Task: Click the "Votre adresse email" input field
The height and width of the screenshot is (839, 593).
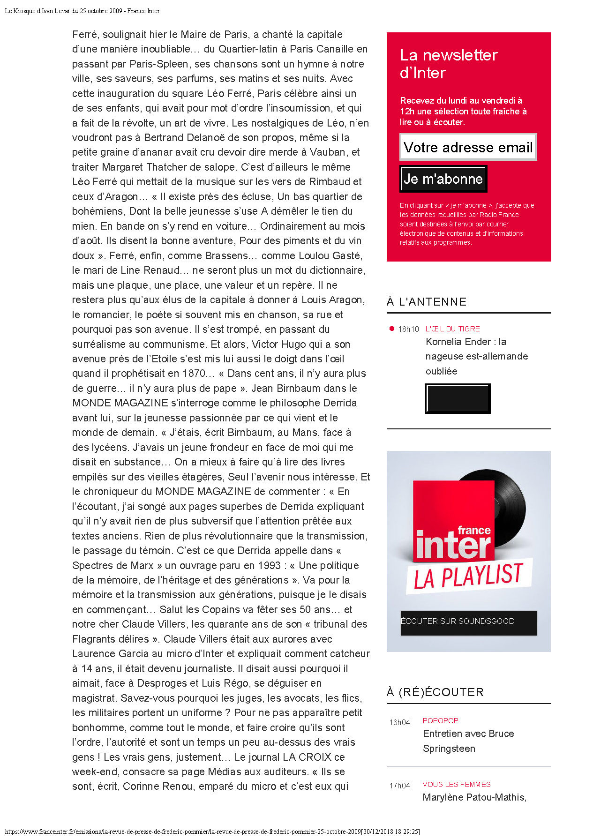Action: (x=468, y=147)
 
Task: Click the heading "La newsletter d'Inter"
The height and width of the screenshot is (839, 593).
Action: (x=448, y=64)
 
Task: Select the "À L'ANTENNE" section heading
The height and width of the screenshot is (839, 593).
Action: (x=427, y=302)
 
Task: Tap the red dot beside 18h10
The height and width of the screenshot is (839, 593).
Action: (x=392, y=329)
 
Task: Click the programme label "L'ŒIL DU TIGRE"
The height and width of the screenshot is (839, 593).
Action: (x=452, y=329)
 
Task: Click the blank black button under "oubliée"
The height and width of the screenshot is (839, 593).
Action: (x=458, y=398)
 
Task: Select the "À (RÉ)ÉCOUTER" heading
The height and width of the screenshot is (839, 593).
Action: (x=435, y=692)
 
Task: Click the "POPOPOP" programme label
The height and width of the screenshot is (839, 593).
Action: (x=440, y=721)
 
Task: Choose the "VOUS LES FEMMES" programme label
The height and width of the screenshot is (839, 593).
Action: (x=456, y=785)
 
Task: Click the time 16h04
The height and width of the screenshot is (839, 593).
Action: (x=399, y=723)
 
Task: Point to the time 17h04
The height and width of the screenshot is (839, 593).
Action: (x=399, y=786)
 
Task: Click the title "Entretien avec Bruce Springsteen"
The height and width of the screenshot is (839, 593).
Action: (x=468, y=741)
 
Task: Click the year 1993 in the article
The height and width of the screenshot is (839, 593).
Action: (x=267, y=566)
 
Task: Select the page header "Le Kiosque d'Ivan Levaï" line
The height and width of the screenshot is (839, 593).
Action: (x=82, y=11)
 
